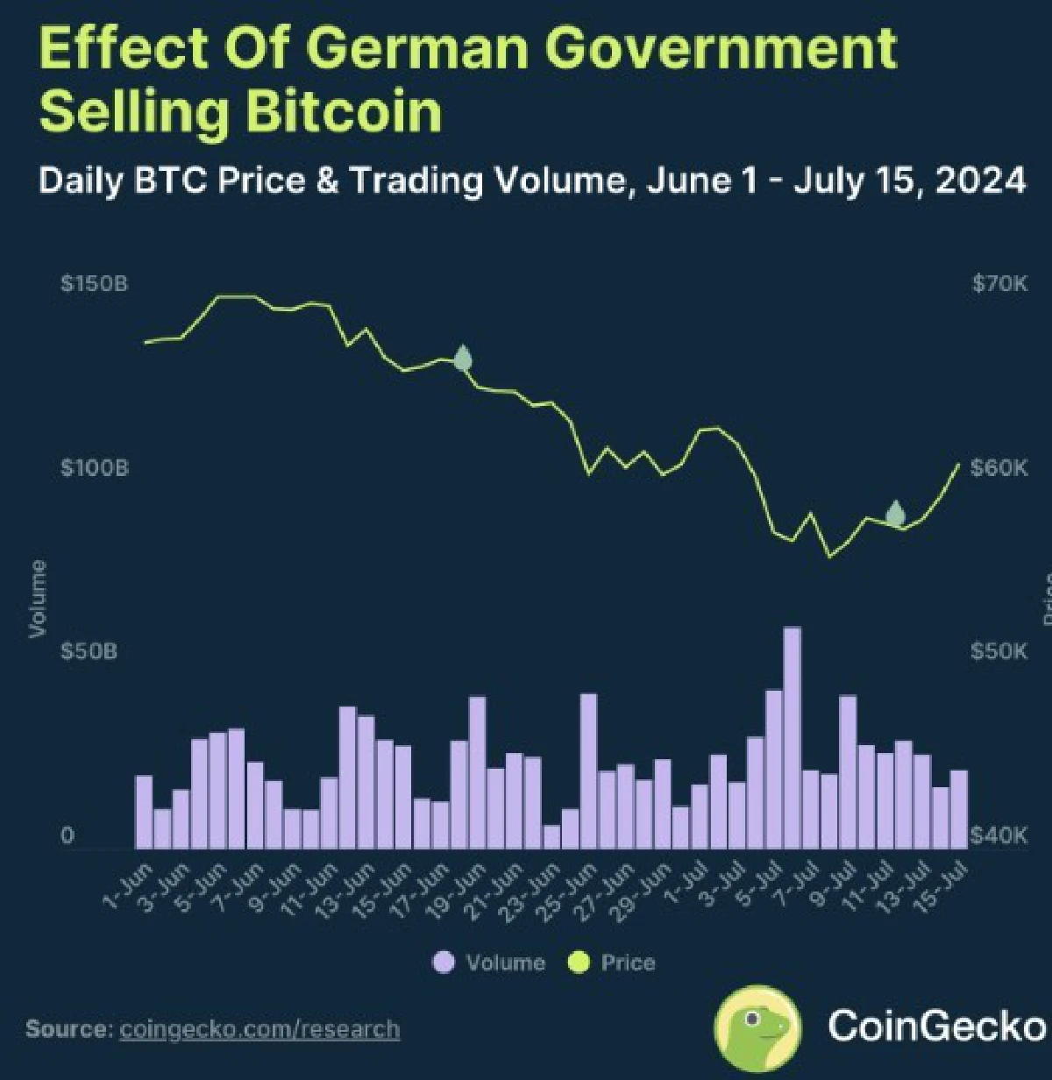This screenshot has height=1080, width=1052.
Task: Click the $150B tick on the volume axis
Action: pyautogui.click(x=95, y=284)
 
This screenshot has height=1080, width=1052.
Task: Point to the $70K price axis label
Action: pyautogui.click(x=999, y=284)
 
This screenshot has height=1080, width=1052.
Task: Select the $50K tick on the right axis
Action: pyautogui.click(x=999, y=651)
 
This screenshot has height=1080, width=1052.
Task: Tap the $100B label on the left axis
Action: pyautogui.click(x=95, y=468)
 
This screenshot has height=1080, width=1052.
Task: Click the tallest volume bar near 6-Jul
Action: pyautogui.click(x=792, y=738)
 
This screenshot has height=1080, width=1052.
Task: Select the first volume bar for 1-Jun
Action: pyautogui.click(x=144, y=812)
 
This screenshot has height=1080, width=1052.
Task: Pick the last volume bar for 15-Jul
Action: pyautogui.click(x=958, y=809)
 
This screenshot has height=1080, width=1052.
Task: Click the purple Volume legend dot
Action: pyautogui.click(x=444, y=963)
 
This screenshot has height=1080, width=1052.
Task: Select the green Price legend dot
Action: pyautogui.click(x=579, y=963)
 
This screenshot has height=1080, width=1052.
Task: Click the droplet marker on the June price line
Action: pyautogui.click(x=463, y=359)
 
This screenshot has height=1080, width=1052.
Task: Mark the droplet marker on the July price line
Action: pyautogui.click(x=895, y=513)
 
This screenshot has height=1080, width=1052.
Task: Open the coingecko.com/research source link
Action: pyautogui.click(x=259, y=1028)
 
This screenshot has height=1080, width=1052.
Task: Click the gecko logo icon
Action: pyautogui.click(x=757, y=1027)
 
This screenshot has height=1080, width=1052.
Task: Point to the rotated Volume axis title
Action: pyautogui.click(x=37, y=599)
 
